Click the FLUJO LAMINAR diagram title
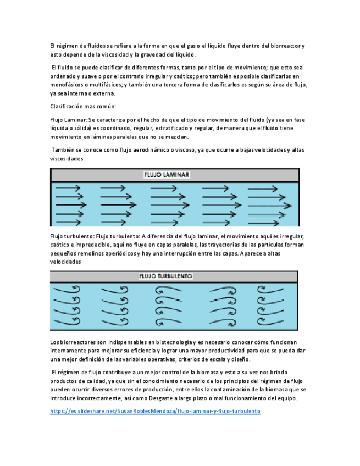[x=167, y=175]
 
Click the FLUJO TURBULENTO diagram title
[x=166, y=276]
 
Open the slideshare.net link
[x=154, y=410]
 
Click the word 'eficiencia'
[x=141, y=350]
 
